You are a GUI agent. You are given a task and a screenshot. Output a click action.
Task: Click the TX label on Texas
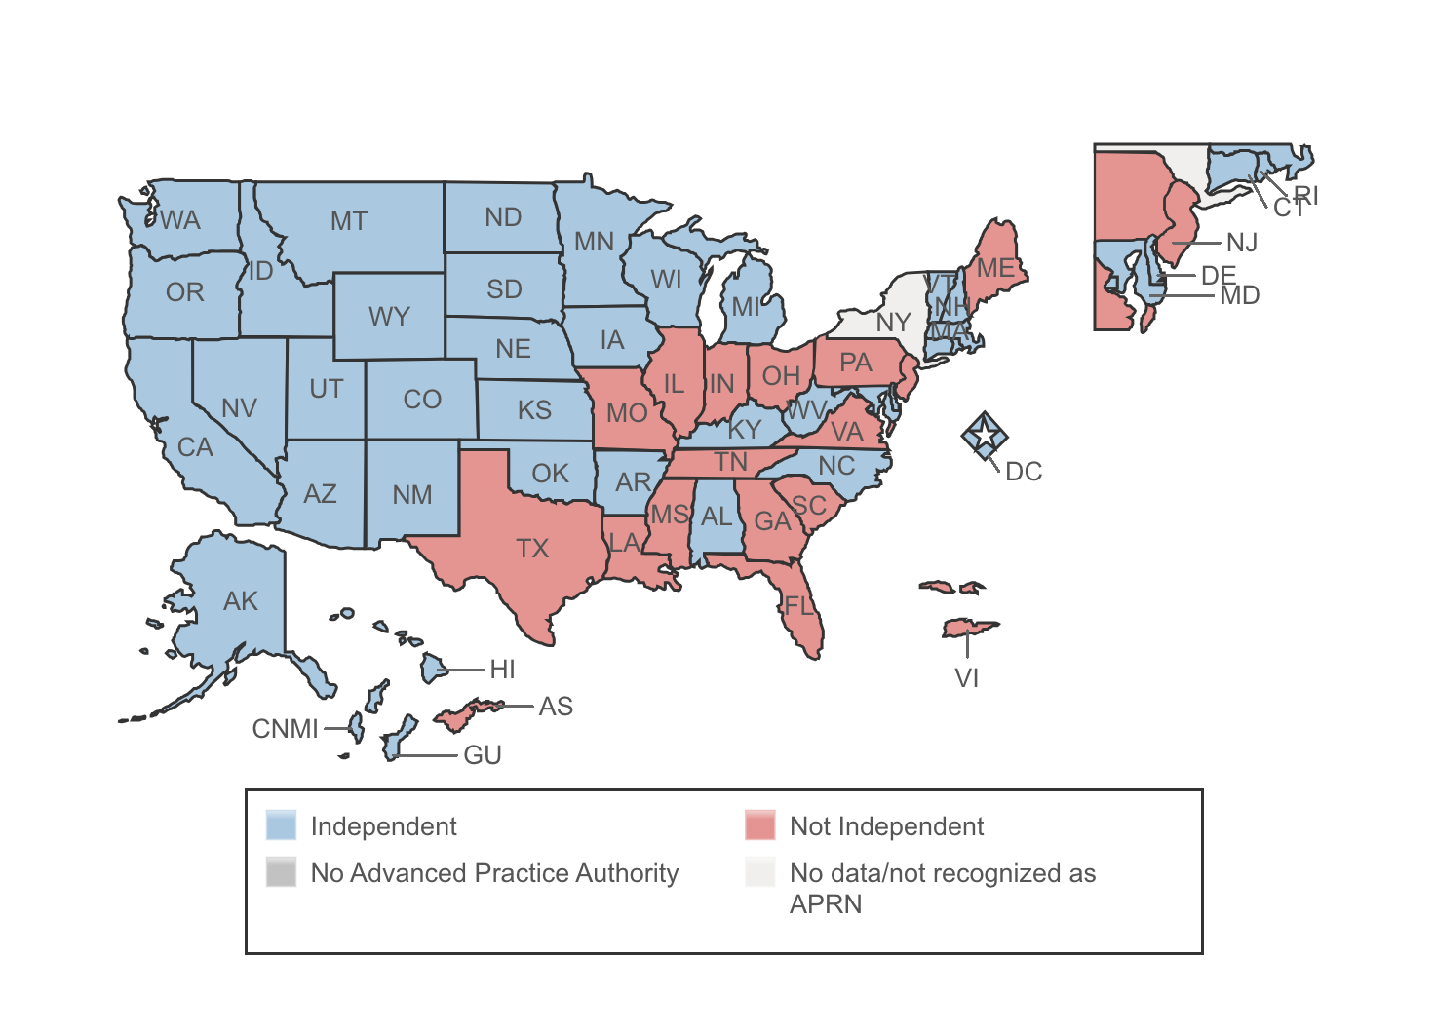click(532, 549)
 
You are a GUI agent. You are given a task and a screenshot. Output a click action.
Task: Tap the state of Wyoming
click(389, 317)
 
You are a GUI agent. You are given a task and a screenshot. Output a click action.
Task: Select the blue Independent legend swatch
click(281, 825)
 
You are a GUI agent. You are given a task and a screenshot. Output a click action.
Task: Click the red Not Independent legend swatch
click(759, 825)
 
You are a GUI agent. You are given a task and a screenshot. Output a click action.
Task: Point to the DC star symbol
click(985, 435)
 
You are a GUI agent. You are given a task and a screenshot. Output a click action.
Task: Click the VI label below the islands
click(966, 678)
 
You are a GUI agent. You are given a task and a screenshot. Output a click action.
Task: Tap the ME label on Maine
click(995, 268)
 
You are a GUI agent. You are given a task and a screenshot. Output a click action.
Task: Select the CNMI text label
click(285, 729)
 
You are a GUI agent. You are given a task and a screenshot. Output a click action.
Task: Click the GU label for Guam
click(483, 755)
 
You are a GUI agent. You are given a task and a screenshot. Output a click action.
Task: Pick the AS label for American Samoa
click(556, 707)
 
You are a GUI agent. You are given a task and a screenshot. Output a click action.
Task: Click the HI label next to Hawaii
click(502, 670)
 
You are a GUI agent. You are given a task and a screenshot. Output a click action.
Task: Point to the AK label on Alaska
click(241, 601)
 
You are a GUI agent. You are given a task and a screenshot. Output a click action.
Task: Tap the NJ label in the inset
click(1242, 243)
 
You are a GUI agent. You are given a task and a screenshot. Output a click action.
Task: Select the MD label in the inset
click(1240, 295)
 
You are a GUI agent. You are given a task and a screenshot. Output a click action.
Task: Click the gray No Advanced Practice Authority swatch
click(281, 872)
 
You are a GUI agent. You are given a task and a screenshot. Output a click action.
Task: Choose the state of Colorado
click(422, 400)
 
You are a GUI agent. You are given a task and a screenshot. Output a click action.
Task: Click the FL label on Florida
click(798, 606)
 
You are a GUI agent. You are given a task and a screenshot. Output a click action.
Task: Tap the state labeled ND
click(503, 217)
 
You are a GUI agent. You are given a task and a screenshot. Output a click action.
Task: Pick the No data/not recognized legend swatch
click(759, 872)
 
